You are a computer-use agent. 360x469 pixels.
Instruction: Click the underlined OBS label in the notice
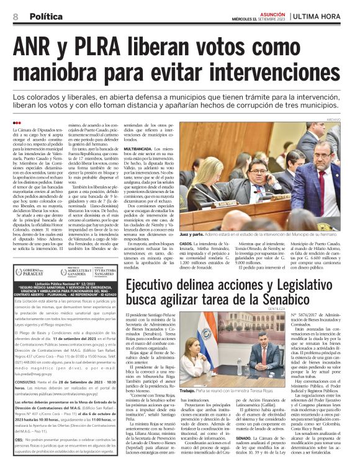(20, 439)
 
